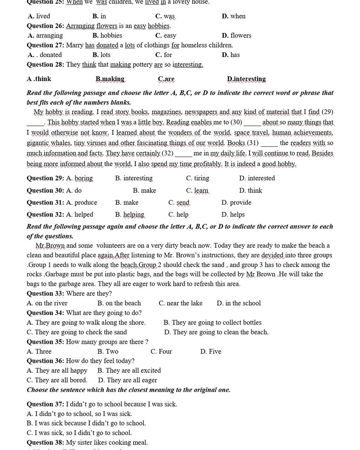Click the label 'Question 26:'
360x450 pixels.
pyautogui.click(x=45, y=26)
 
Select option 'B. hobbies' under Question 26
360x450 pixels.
pyautogui.click(x=107, y=36)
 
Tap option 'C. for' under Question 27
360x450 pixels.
pyautogui.click(x=163, y=55)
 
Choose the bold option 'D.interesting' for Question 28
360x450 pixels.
pyautogui.click(x=246, y=79)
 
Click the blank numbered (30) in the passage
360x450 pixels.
pyautogui.click(x=252, y=123)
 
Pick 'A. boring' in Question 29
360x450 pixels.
pyautogui.click(x=79, y=178)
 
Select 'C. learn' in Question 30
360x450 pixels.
pyautogui.click(x=197, y=191)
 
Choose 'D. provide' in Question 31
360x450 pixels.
pyautogui.click(x=236, y=202)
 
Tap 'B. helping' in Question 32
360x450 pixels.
pyautogui.click(x=130, y=214)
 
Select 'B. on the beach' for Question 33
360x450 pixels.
pyautogui.click(x=119, y=303)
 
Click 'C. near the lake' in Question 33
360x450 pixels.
pyautogui.click(x=180, y=303)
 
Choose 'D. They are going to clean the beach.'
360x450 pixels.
pyautogui.click(x=216, y=332)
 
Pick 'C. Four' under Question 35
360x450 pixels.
pyautogui.click(x=161, y=352)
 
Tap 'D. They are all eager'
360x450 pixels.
pyautogui.click(x=128, y=380)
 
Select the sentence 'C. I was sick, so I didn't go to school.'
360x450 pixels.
pyautogui.click(x=79, y=433)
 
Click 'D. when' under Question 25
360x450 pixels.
pyautogui.click(x=234, y=16)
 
